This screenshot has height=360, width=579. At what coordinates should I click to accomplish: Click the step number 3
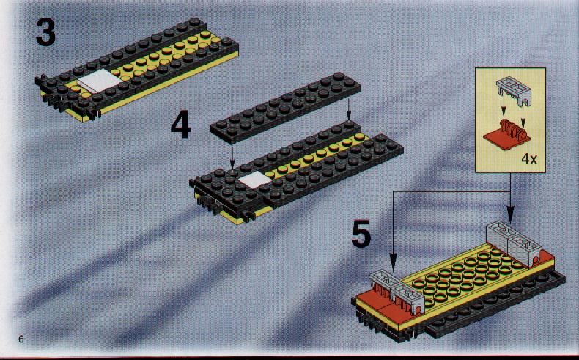[x=45, y=32]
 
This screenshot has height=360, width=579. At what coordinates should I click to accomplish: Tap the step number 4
[x=180, y=125]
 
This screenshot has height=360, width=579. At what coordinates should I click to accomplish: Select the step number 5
[x=361, y=233]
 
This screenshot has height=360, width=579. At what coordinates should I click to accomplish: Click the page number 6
[x=21, y=339]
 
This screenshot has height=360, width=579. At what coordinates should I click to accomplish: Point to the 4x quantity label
[x=529, y=159]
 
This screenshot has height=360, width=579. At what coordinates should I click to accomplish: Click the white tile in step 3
[x=98, y=81]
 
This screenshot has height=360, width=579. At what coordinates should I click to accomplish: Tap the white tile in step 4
[x=255, y=180]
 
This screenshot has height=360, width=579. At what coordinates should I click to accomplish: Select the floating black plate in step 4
[x=285, y=108]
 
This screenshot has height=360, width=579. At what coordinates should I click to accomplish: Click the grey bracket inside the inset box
[x=512, y=90]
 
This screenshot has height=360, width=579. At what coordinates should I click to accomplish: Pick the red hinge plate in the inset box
[x=506, y=137]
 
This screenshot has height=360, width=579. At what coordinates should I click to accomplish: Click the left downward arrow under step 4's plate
[x=232, y=157]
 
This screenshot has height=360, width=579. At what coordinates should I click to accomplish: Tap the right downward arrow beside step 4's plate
[x=348, y=110]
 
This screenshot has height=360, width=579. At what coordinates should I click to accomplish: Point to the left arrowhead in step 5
[x=394, y=262]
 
